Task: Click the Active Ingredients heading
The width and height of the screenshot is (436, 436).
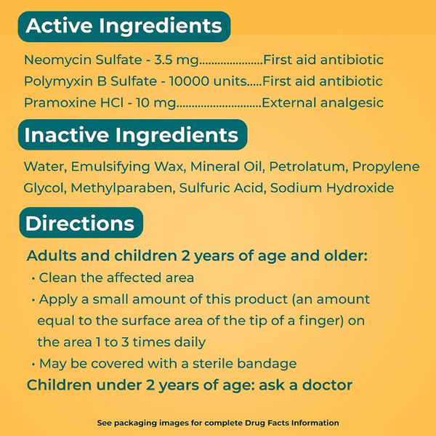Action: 124,27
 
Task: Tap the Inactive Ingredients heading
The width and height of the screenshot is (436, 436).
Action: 132,135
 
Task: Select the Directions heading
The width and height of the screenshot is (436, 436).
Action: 79,223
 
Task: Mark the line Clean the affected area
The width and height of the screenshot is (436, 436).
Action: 116,278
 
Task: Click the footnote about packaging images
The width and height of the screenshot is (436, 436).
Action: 218,422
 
